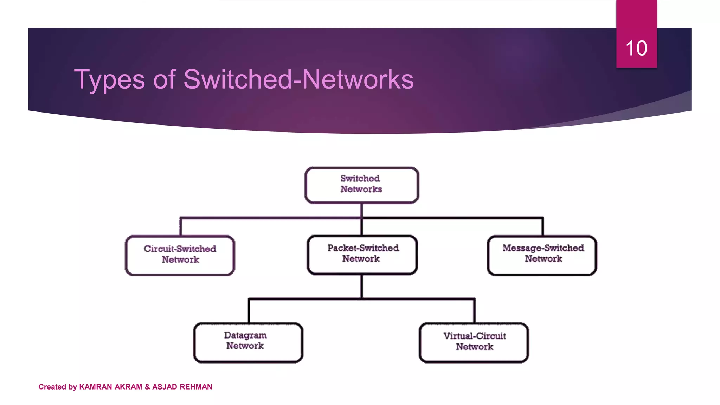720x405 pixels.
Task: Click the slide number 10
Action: click(636, 48)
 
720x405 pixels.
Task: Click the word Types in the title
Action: click(109, 80)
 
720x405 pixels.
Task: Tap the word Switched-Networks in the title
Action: click(298, 79)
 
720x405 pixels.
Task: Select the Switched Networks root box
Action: click(361, 185)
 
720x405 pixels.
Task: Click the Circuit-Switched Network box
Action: click(180, 255)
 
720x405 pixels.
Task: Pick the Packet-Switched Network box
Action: click(362, 255)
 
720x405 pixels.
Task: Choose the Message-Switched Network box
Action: click(542, 255)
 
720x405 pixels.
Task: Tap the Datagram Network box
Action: click(248, 342)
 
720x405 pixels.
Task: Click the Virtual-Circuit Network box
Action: click(474, 342)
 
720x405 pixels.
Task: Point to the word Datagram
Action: click(245, 335)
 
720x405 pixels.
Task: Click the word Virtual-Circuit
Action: click(475, 336)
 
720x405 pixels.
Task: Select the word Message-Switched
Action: click(543, 248)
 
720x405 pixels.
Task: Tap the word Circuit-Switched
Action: click(180, 249)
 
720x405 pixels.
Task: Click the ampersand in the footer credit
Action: click(147, 387)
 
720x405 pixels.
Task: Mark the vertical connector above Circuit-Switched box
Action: click(180, 227)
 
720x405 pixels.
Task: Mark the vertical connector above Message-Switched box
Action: click(543, 227)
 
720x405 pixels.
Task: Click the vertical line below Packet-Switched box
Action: click(361, 286)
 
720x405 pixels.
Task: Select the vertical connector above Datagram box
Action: click(249, 311)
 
